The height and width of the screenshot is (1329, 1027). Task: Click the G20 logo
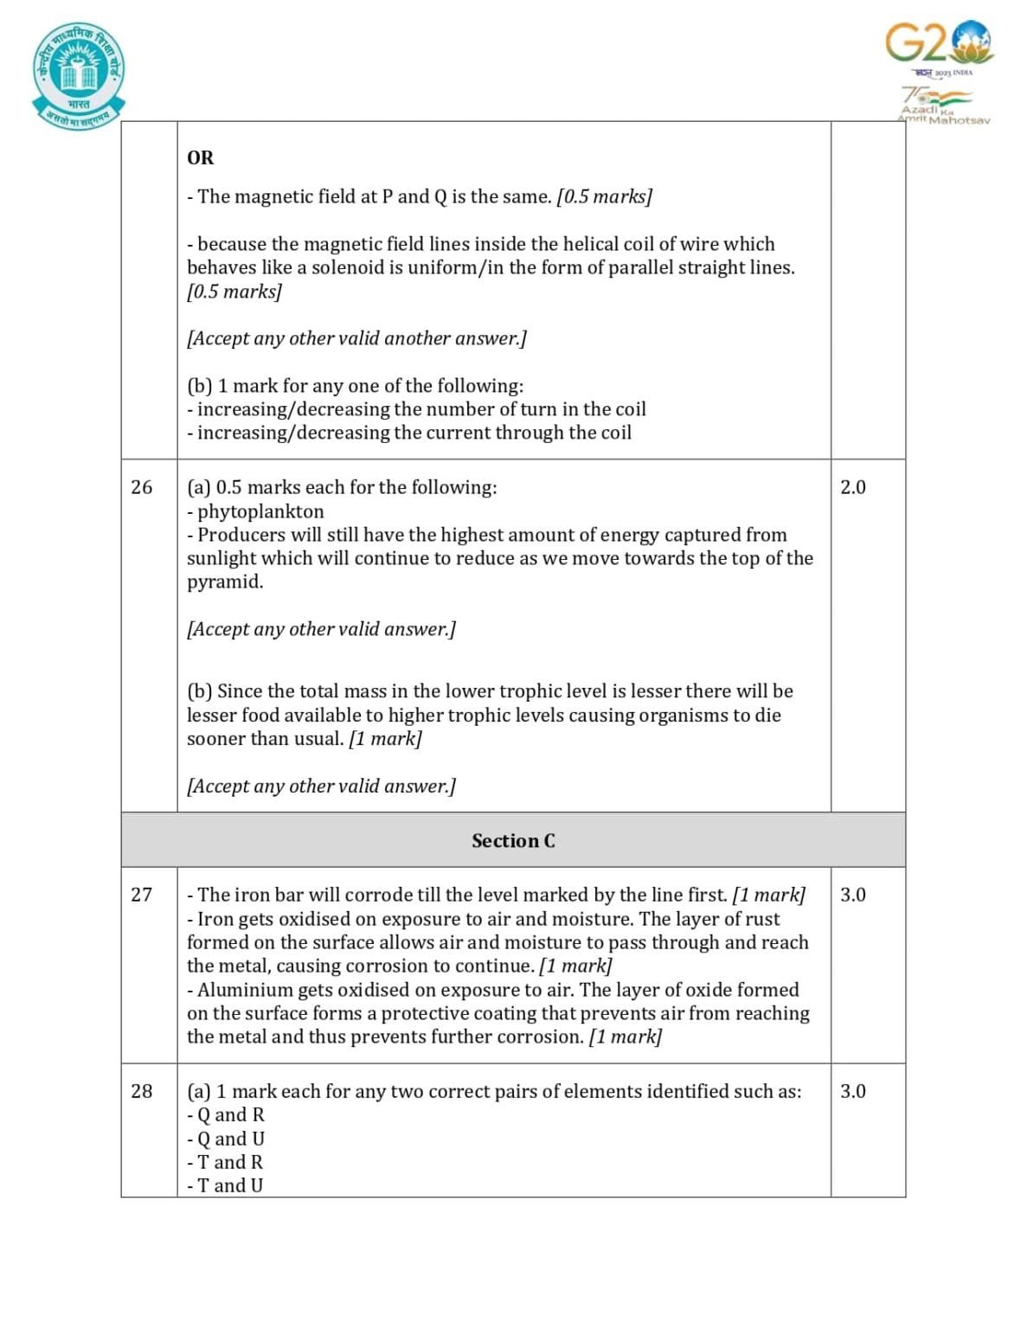[x=938, y=42]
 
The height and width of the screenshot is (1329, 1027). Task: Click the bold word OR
[x=200, y=157]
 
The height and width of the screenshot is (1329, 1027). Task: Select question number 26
[x=141, y=487]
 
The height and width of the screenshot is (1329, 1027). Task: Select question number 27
[x=141, y=895]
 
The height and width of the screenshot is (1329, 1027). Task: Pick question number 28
[x=141, y=1091]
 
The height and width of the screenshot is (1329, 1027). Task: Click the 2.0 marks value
[x=852, y=487]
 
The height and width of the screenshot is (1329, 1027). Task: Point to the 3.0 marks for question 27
[x=852, y=895]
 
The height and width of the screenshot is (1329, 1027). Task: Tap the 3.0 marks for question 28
[x=852, y=1091]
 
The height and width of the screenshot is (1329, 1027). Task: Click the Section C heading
[x=513, y=841]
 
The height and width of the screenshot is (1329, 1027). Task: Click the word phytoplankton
[x=260, y=511]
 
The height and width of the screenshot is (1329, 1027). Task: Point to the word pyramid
[x=223, y=582]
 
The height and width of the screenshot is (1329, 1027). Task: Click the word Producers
[x=241, y=535]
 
